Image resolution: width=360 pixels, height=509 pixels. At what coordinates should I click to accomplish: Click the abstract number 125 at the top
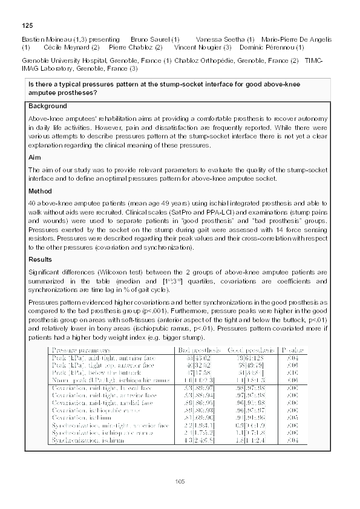(27, 25)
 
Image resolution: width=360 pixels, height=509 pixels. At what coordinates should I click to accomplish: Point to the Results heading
(41, 259)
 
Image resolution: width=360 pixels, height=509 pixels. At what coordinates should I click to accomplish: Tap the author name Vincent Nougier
(202, 47)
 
